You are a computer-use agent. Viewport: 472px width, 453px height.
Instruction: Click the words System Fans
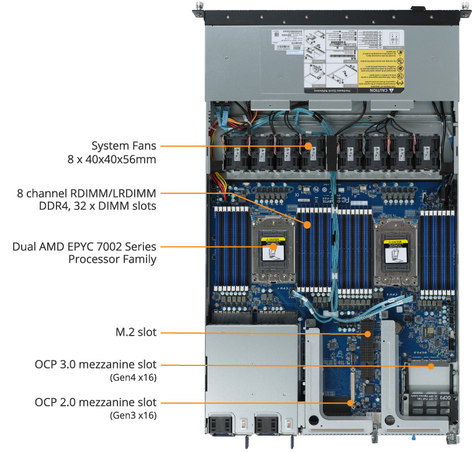point(124,146)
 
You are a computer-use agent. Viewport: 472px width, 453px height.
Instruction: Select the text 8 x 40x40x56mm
point(112,160)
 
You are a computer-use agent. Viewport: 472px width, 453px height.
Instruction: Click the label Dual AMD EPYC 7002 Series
point(84,246)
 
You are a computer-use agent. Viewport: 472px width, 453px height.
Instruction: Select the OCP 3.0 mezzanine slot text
point(96,365)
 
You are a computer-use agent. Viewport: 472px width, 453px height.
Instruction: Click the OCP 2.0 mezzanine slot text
point(96,403)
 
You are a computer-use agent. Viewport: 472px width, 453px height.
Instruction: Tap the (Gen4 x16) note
point(133,377)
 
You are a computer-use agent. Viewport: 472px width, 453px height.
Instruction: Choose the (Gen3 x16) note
point(133,415)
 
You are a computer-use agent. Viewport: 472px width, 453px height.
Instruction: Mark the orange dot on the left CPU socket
point(274,247)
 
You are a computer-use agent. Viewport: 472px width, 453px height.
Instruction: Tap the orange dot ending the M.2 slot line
point(368,334)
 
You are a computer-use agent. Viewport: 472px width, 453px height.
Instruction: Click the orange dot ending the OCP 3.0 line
point(430,365)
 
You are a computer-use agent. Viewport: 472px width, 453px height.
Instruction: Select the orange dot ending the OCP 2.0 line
point(352,403)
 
